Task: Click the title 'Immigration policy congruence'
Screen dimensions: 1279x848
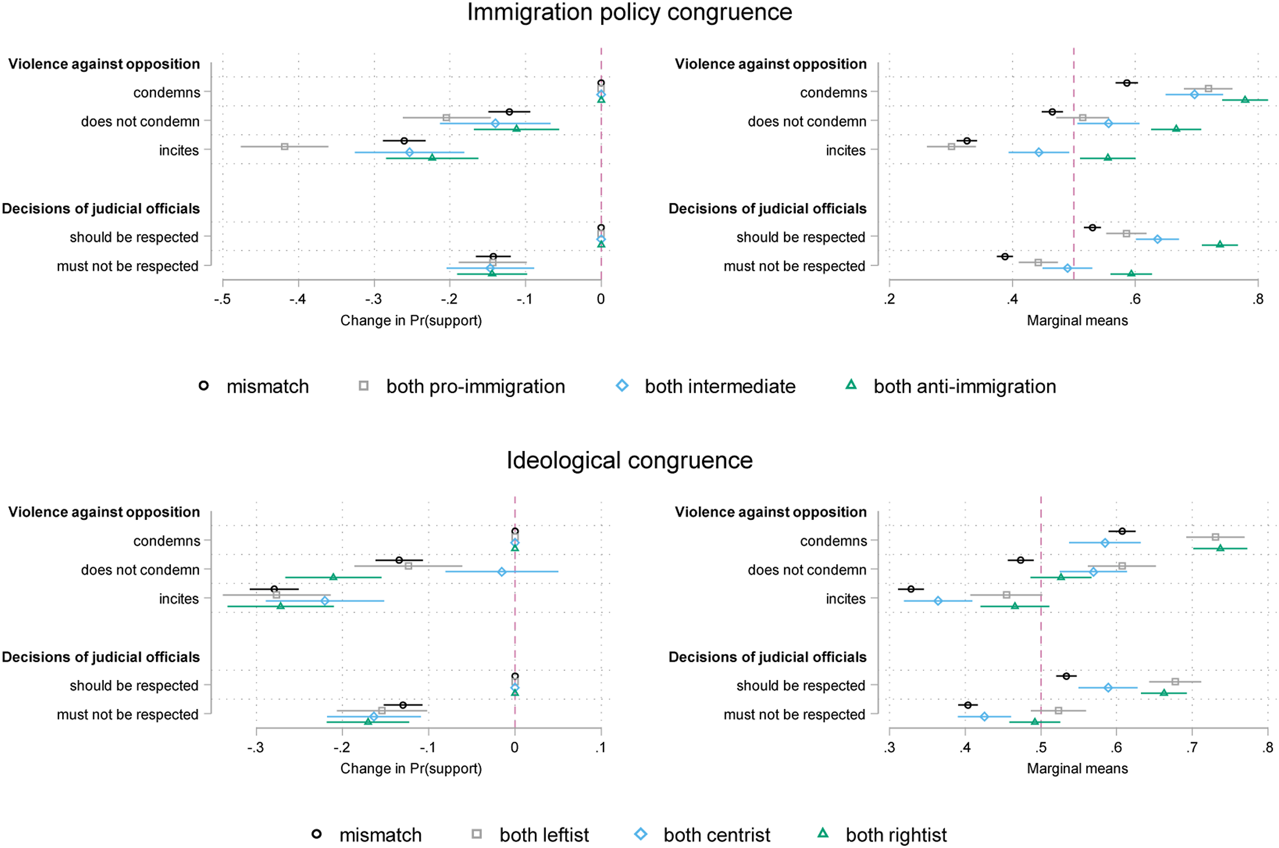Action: coord(630,12)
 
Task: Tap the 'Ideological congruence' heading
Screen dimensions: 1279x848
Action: coord(630,461)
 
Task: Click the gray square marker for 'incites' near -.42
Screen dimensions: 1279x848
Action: coord(285,146)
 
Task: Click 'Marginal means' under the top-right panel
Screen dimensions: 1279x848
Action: coord(1078,321)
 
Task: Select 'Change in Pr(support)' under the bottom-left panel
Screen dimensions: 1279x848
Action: coord(411,769)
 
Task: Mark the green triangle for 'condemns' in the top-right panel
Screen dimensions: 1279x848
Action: coord(1245,99)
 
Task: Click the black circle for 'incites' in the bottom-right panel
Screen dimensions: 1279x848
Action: coord(911,589)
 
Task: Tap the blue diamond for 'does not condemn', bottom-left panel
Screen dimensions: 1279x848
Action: coord(502,572)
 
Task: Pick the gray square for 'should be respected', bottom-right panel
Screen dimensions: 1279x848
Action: coord(1175,682)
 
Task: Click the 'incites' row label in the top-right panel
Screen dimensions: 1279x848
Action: coord(846,150)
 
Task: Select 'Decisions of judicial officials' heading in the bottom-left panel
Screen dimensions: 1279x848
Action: coord(101,657)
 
